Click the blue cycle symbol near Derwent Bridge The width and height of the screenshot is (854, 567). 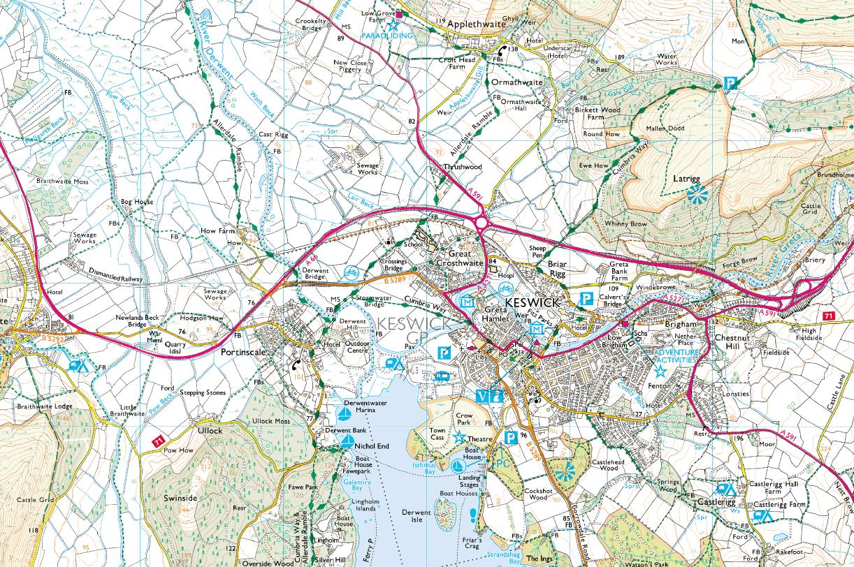click(351, 272)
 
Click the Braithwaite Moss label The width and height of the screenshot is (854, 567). click(62, 181)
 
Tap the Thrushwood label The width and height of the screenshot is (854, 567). click(463, 168)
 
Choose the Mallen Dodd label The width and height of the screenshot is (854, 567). click(684, 128)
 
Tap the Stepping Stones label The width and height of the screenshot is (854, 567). click(202, 392)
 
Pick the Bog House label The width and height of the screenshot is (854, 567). click(137, 202)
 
